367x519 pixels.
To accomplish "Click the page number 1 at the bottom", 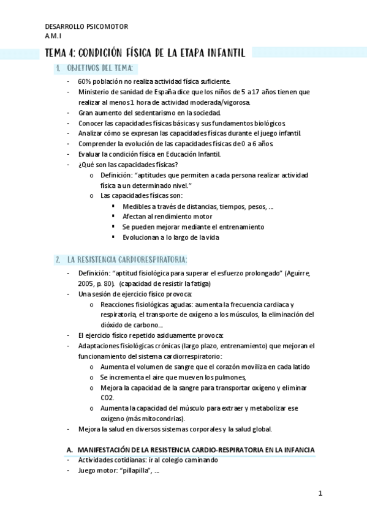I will [x=320, y=494].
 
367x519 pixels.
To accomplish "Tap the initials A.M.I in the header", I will [x=53, y=35].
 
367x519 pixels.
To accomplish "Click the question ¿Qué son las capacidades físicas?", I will [x=128, y=164].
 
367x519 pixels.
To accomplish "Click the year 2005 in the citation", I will [x=85, y=283].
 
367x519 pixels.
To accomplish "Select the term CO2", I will [x=107, y=397].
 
